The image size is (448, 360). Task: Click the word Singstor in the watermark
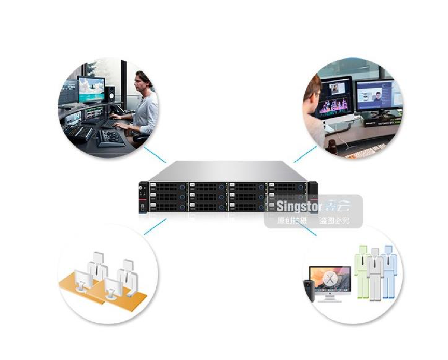[299, 206]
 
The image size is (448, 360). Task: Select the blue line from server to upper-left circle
[155, 154]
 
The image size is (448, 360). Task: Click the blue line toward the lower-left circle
[155, 227]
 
